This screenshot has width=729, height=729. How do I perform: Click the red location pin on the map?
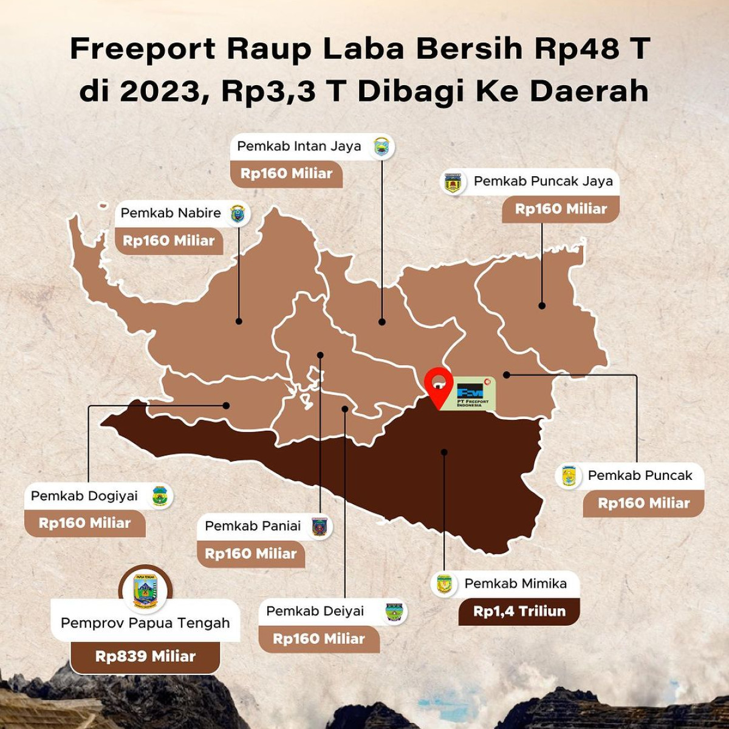click(x=437, y=384)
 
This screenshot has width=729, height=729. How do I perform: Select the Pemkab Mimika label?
click(x=515, y=584)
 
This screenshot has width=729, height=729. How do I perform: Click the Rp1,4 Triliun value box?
click(x=519, y=612)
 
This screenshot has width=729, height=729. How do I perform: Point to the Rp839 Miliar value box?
click(x=145, y=657)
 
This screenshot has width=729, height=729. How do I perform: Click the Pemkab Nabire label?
click(x=171, y=213)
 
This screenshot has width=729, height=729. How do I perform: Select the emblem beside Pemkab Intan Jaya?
click(x=382, y=147)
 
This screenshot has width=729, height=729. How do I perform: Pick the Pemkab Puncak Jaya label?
click(x=543, y=181)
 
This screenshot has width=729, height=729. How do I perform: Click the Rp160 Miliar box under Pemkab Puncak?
click(x=644, y=503)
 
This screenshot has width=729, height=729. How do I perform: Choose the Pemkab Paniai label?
click(x=253, y=526)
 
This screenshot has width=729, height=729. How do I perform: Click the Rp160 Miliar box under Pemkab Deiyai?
click(x=319, y=639)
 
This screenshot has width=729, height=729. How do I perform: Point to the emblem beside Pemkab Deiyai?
click(x=394, y=612)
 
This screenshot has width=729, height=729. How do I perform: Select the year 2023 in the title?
click(x=161, y=92)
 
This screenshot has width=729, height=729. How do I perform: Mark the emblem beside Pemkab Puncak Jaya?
click(x=453, y=182)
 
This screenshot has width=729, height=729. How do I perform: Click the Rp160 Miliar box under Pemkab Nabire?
click(x=169, y=241)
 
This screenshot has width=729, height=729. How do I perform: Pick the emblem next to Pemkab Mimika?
click(x=445, y=584)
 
